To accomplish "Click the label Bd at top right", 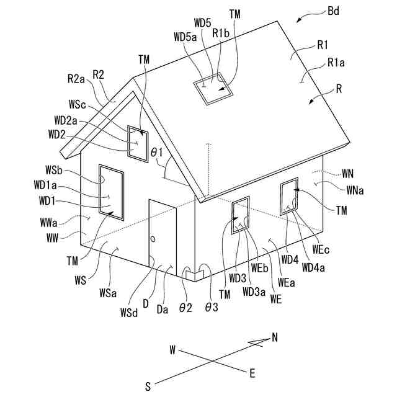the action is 332,11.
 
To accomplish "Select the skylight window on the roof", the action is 213,89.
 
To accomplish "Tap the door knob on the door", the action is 152,239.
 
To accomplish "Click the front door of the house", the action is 161,233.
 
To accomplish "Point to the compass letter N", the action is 275,337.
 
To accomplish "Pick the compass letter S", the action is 148,386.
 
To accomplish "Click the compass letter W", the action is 172,350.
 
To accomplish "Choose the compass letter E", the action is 252,373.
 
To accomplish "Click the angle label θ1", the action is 156,151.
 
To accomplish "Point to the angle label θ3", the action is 212,307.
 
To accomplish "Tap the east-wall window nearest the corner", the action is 241,215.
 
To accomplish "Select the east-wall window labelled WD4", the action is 288,195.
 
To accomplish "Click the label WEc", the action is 320,249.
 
